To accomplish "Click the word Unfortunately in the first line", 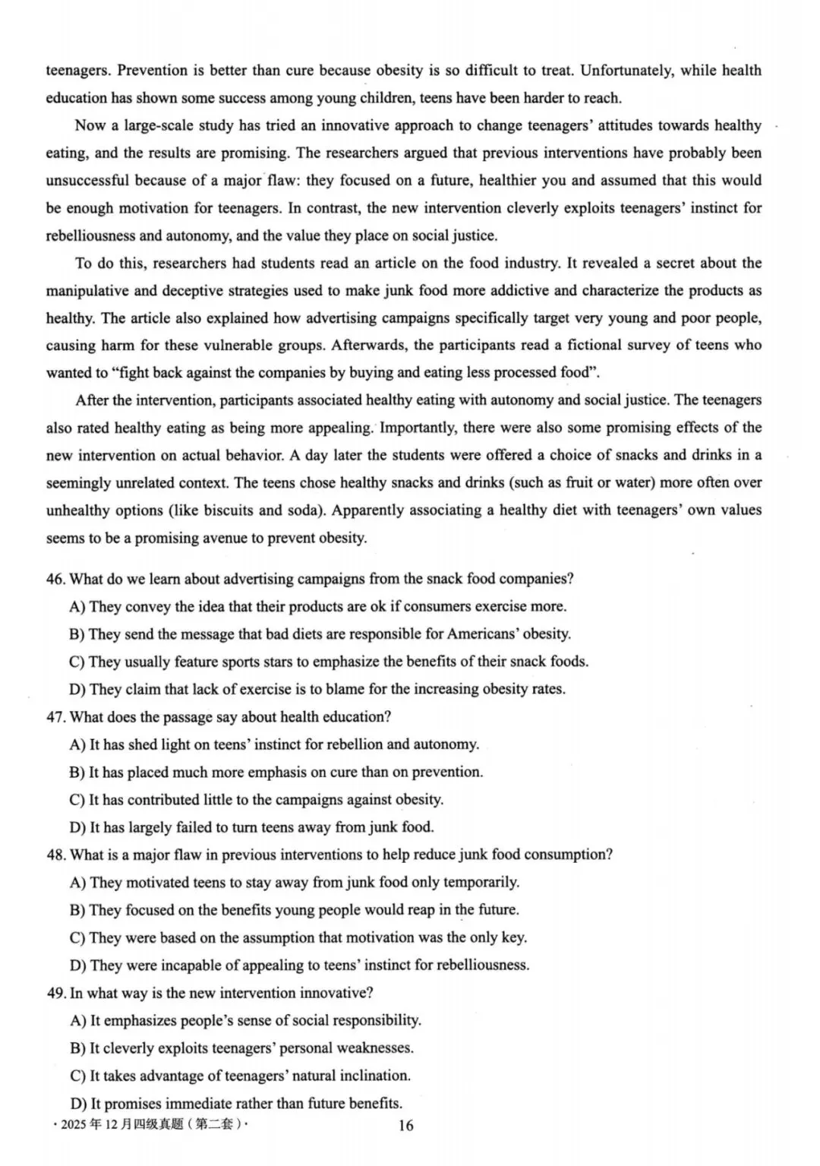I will pos(626,71).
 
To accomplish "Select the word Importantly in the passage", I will pos(418,428).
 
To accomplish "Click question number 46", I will pos(55,579).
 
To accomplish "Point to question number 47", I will pos(55,717).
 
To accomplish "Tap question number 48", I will pos(55,855).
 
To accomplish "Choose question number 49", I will pos(55,993).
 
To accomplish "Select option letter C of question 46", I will pos(77,662).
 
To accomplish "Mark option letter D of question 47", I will pos(77,827).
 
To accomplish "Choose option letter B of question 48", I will pos(77,910).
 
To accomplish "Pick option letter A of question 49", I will pos(77,1020).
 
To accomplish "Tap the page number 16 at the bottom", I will pos(406,1125).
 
